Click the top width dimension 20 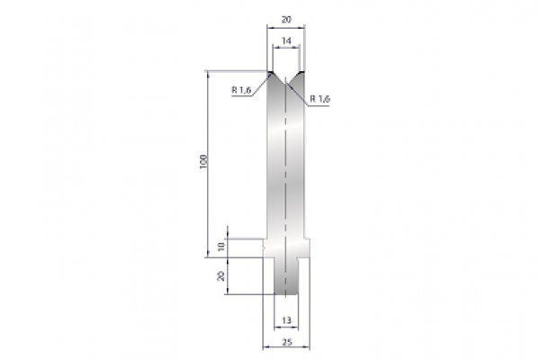pos(285,18)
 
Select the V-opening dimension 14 pos(285,41)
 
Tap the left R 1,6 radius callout pos(240,89)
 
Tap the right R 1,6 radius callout pos(319,97)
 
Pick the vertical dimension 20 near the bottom pos(221,275)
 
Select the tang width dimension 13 pos(286,319)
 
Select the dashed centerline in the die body pos(285,180)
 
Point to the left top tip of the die pos(270,72)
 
